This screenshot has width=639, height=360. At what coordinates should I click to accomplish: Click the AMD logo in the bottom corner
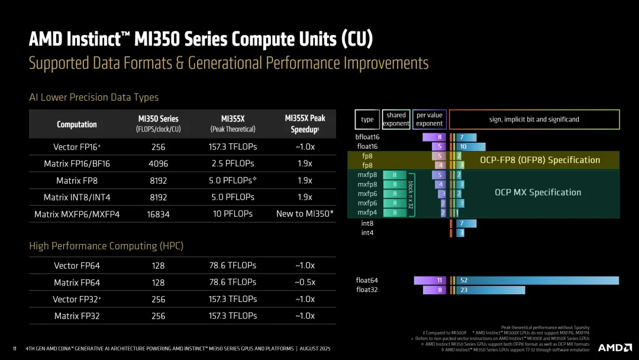pyautogui.click(x=615, y=348)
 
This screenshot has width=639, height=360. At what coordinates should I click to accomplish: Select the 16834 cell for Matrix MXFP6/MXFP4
pyautogui.click(x=158, y=214)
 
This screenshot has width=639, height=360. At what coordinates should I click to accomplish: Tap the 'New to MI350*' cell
pyautogui.click(x=305, y=214)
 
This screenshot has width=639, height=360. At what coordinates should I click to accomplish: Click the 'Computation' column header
pyautogui.click(x=77, y=124)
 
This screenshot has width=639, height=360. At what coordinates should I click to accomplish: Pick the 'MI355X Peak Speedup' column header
pyautogui.click(x=305, y=123)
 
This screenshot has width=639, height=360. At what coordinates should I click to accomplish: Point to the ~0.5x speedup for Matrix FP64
pyautogui.click(x=305, y=282)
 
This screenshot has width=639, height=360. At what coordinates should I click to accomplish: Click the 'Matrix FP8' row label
pyautogui.click(x=77, y=181)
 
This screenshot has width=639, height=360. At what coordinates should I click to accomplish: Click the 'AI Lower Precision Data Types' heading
pyautogui.click(x=93, y=97)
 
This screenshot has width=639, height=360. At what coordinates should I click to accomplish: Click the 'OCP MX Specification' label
pyautogui.click(x=537, y=192)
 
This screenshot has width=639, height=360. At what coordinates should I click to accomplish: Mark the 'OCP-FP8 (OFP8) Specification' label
pyautogui.click(x=540, y=160)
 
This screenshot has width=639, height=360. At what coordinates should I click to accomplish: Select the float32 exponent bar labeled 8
pyautogui.click(x=435, y=290)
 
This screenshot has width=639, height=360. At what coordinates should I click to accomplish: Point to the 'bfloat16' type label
pyautogui.click(x=367, y=137)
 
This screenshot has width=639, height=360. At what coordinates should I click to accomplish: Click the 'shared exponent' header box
pyautogui.click(x=396, y=120)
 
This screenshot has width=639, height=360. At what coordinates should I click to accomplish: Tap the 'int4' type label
pyautogui.click(x=367, y=233)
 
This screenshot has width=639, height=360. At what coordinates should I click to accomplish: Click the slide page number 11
pyautogui.click(x=14, y=348)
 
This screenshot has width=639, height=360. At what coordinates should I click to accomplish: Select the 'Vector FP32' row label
pyautogui.click(x=77, y=300)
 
